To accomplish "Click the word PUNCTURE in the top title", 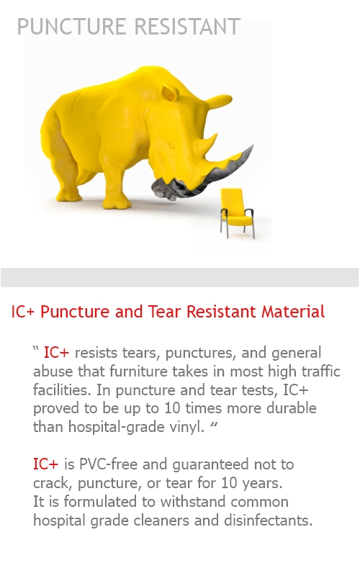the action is [x=71, y=27].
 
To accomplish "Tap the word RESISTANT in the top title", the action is [x=187, y=27].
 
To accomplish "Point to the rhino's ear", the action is [x=170, y=93].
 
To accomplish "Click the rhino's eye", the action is [x=171, y=146].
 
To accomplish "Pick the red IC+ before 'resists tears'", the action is [x=56, y=353].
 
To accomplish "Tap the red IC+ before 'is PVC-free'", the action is [x=45, y=464].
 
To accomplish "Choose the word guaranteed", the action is [x=210, y=464].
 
